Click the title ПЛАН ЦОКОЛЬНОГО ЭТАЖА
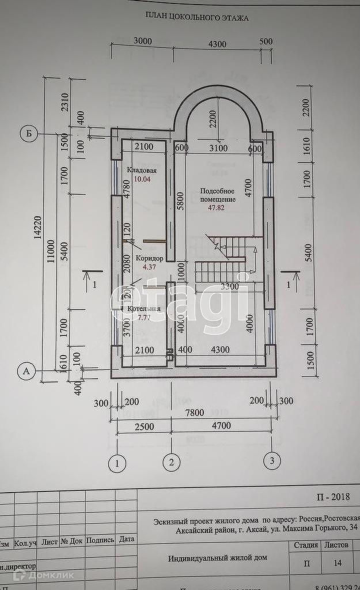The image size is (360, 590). pyautogui.click(x=198, y=18)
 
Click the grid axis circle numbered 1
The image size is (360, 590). pyautogui.click(x=117, y=462)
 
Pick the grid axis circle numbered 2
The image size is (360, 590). pyautogui.click(x=170, y=462)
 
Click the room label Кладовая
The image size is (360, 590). pyautogui.click(x=142, y=171)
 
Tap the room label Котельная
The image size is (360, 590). pyautogui.click(x=144, y=309)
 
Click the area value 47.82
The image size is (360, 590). pyautogui.click(x=217, y=207)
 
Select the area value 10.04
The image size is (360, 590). pyautogui.click(x=142, y=179)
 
